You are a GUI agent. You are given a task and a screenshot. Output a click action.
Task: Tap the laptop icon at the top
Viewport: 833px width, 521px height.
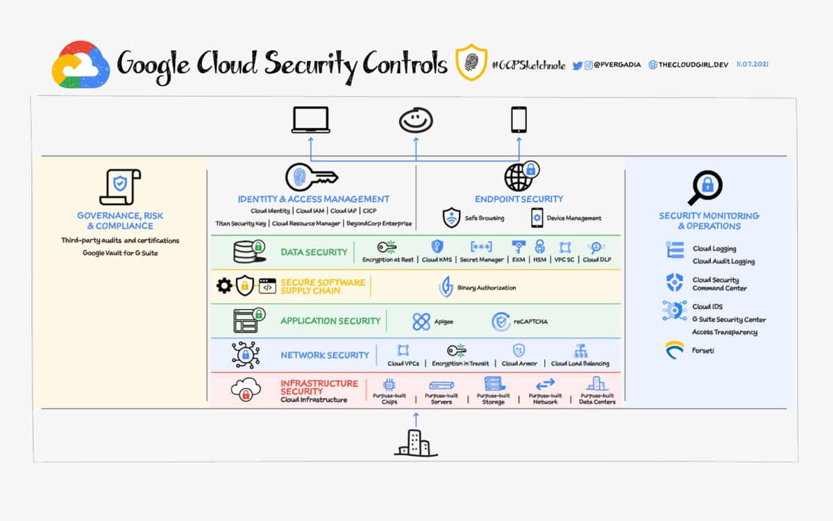click(310, 119)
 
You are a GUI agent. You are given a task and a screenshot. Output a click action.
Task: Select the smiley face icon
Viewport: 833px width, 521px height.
click(416, 119)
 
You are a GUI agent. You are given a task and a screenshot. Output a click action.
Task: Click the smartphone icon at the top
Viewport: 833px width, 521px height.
click(519, 119)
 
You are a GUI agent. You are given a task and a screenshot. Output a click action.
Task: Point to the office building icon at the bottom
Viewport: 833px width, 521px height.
click(416, 443)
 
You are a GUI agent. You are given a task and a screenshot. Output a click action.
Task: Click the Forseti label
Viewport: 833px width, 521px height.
click(703, 351)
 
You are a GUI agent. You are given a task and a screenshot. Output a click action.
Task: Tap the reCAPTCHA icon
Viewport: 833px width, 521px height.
click(501, 321)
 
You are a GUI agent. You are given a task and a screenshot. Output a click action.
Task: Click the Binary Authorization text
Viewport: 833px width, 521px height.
click(487, 288)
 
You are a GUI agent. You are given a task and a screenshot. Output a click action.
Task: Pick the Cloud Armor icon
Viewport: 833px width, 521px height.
click(519, 350)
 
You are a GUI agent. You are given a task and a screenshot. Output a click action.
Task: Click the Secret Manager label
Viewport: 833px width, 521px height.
click(481, 260)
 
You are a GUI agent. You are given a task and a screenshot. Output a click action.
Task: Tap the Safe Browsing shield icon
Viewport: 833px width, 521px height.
click(452, 217)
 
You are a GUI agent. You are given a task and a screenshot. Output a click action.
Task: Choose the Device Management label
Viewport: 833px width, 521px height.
click(573, 218)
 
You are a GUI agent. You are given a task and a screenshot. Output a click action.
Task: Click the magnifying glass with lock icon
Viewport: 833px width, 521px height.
click(705, 187)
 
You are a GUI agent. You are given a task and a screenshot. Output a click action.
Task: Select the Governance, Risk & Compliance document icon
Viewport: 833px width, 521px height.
click(120, 187)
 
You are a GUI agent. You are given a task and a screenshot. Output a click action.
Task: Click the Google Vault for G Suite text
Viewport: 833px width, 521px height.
click(120, 253)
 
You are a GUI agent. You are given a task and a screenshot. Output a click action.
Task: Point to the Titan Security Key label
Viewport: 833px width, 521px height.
click(241, 224)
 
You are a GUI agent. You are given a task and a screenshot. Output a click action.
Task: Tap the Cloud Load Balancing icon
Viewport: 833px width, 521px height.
click(580, 350)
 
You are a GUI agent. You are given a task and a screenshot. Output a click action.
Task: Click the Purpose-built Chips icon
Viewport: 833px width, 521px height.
click(389, 384)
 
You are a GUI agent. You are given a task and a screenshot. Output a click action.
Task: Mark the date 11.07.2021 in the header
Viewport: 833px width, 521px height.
click(752, 65)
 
